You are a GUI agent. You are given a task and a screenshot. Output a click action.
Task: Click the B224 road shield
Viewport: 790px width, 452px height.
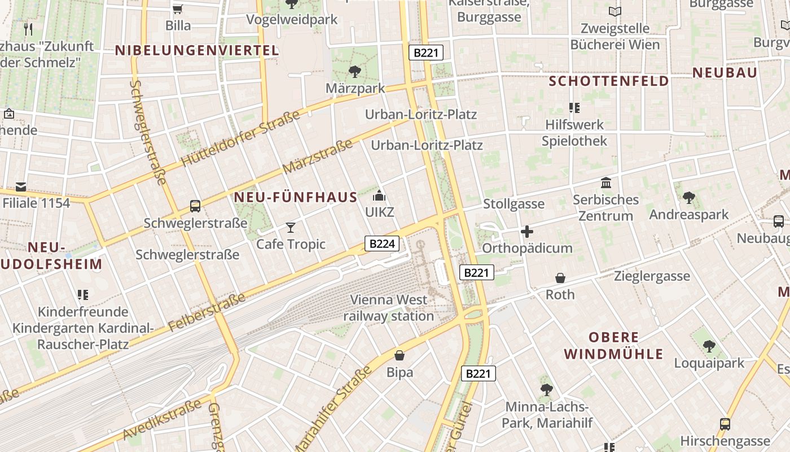pos(382,244)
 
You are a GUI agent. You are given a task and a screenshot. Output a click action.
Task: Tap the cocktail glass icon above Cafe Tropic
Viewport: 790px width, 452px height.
pos(291,228)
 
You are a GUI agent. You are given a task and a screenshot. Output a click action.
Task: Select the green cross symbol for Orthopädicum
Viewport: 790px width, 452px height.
pos(527,232)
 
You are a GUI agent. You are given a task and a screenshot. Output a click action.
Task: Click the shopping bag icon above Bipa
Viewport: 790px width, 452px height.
pos(400,355)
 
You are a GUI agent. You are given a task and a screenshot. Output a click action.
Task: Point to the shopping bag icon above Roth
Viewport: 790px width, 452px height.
pos(560,278)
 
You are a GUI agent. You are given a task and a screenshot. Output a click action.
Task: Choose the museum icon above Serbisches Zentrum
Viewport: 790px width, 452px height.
pos(606,183)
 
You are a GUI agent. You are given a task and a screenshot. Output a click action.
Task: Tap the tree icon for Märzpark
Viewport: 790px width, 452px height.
pos(355,72)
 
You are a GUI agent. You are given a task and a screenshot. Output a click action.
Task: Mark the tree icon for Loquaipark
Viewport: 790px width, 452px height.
pos(709,346)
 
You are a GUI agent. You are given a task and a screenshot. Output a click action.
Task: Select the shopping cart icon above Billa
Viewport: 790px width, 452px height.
pos(178,9)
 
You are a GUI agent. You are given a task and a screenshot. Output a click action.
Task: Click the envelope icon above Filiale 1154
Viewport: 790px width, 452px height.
pos(21,186)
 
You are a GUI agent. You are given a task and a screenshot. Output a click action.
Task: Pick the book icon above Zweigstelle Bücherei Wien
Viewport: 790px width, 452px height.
pos(615,11)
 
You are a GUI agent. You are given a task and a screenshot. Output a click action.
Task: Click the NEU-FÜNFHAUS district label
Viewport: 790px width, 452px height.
pos(295,197)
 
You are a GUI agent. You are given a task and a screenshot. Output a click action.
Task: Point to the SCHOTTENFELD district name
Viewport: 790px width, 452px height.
pos(609,81)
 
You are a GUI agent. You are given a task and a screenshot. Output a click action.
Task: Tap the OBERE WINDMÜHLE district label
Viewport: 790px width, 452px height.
pos(613,346)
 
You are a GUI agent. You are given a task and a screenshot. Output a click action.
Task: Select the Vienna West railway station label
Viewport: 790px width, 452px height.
pos(389,308)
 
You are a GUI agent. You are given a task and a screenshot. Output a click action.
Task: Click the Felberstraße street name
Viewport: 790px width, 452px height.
pos(207,312)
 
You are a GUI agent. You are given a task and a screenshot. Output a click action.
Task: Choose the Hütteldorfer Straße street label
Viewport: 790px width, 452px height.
pos(241,140)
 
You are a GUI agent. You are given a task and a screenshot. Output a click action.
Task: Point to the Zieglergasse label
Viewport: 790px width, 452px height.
pos(652,276)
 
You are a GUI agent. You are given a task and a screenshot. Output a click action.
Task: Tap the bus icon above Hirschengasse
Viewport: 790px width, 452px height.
pos(725,424)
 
